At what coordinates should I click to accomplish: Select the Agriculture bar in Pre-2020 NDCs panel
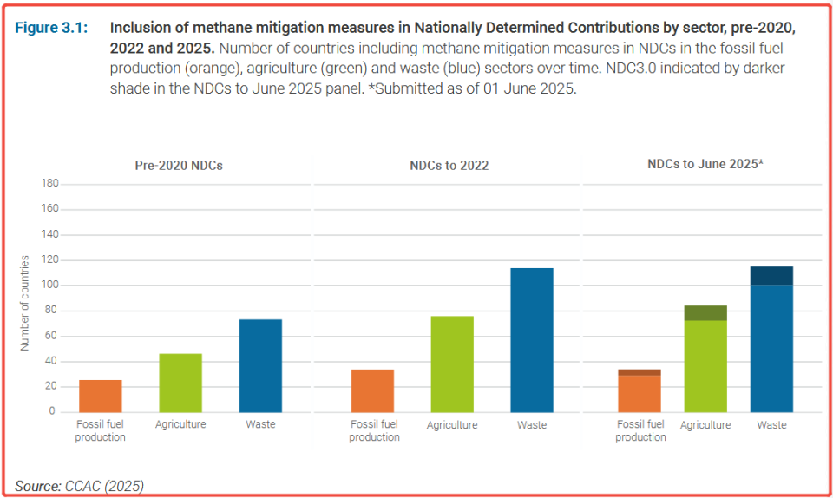tap(180, 383)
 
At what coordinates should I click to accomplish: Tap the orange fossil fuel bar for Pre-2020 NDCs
tap(101, 396)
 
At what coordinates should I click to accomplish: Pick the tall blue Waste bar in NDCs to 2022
tap(532, 340)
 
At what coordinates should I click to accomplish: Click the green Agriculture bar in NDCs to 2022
tap(453, 364)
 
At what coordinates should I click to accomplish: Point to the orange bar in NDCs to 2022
tap(373, 390)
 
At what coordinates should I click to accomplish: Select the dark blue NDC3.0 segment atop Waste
tap(771, 276)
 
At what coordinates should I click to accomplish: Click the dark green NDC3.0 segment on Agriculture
tap(705, 313)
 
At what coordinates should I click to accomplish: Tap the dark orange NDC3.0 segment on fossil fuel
tap(640, 372)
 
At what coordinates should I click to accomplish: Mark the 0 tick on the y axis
tap(54, 411)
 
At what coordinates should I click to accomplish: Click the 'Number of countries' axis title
tap(24, 302)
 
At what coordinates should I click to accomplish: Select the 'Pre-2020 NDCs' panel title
tap(179, 165)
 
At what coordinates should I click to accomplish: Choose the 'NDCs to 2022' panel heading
tap(449, 165)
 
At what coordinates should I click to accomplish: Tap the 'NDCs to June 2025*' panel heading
tap(705, 163)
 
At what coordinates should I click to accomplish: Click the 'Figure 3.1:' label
tap(51, 28)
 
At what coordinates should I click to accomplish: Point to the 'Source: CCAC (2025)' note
tap(79, 485)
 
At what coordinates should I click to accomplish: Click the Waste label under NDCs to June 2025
tap(771, 425)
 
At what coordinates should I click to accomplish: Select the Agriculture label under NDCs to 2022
tap(452, 425)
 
